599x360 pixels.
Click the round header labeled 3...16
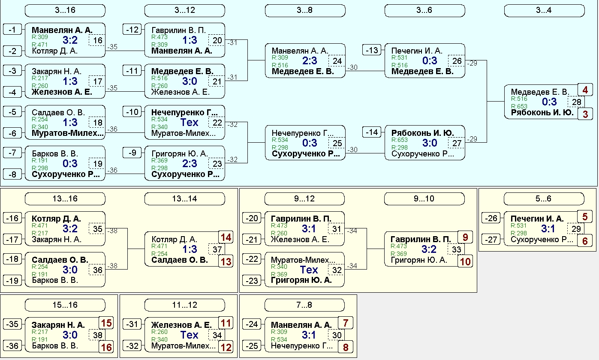(x=65, y=10)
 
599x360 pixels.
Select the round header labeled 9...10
(x=424, y=199)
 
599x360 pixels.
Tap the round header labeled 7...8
(x=304, y=305)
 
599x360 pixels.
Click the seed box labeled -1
(x=12, y=30)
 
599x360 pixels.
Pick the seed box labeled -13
(x=372, y=50)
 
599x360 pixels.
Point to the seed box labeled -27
(x=491, y=240)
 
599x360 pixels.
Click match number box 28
(x=576, y=102)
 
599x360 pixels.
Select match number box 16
(x=97, y=40)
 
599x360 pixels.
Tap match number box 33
(x=456, y=249)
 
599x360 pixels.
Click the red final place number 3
(x=585, y=114)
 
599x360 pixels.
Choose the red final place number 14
(x=226, y=237)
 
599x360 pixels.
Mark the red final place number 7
(x=346, y=323)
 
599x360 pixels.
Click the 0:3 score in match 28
(x=549, y=102)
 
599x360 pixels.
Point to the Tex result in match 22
(x=190, y=123)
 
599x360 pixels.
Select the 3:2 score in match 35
(x=70, y=229)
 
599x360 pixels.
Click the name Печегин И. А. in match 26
(x=417, y=51)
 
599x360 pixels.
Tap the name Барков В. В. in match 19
(x=55, y=154)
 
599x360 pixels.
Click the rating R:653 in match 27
(x=399, y=140)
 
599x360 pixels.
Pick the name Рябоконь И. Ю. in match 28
(x=542, y=113)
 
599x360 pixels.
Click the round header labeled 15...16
(x=65, y=305)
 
